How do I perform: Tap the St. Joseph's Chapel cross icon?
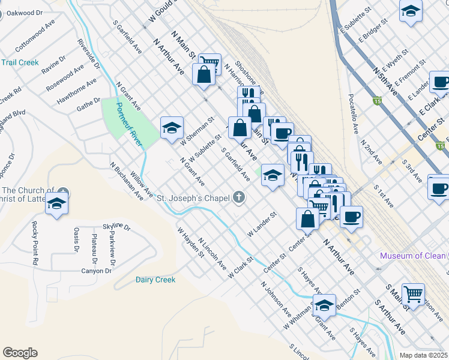[x=239, y=197]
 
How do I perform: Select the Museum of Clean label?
[x=414, y=256]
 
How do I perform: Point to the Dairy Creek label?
[x=155, y=280]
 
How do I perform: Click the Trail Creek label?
[x=20, y=62]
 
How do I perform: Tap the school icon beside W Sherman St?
[x=172, y=127]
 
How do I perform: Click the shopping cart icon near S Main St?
[x=413, y=294]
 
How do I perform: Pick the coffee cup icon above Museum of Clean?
[x=351, y=216]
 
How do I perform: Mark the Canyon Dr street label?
[x=97, y=271]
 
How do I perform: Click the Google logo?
[x=20, y=353]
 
